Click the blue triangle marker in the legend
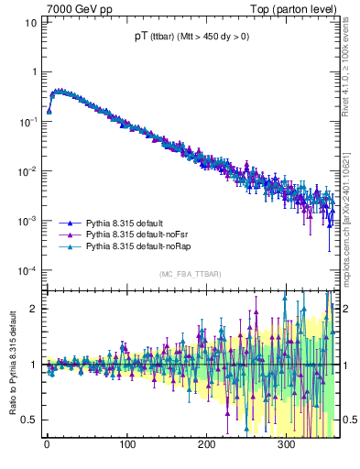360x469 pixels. point(70,224)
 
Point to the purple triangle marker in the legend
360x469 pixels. point(70,235)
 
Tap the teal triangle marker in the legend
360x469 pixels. point(70,247)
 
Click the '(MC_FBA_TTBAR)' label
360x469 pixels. point(189,275)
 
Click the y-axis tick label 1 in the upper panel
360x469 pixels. point(33,71)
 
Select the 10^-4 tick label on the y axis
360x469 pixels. point(28,271)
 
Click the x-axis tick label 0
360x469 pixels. point(47,446)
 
